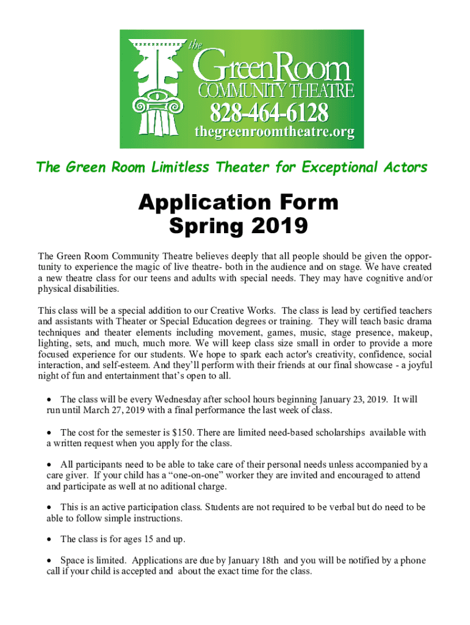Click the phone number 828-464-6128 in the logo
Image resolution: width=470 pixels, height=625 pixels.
click(x=269, y=112)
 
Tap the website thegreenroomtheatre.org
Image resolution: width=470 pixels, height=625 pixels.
click(x=274, y=132)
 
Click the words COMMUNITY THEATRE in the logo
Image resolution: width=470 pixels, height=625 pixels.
click(x=276, y=92)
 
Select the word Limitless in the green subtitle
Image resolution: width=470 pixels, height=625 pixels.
click(x=174, y=167)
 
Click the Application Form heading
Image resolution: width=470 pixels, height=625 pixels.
click(x=237, y=203)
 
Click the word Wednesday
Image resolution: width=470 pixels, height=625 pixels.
click(x=176, y=399)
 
